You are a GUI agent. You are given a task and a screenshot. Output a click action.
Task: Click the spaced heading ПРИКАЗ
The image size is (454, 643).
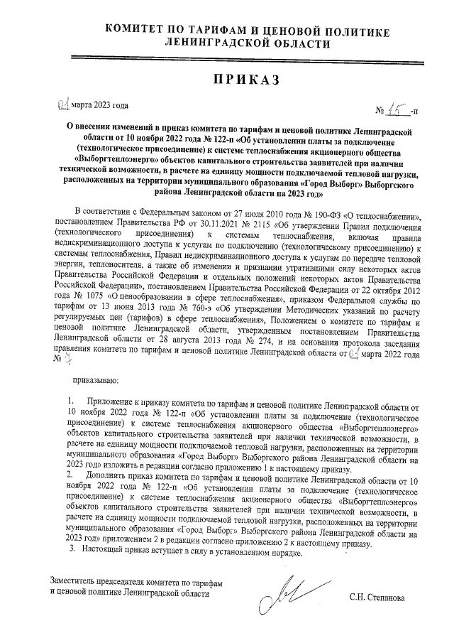click(x=227, y=80)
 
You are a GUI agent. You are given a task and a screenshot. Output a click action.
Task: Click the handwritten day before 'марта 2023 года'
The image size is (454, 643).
click(x=62, y=106)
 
